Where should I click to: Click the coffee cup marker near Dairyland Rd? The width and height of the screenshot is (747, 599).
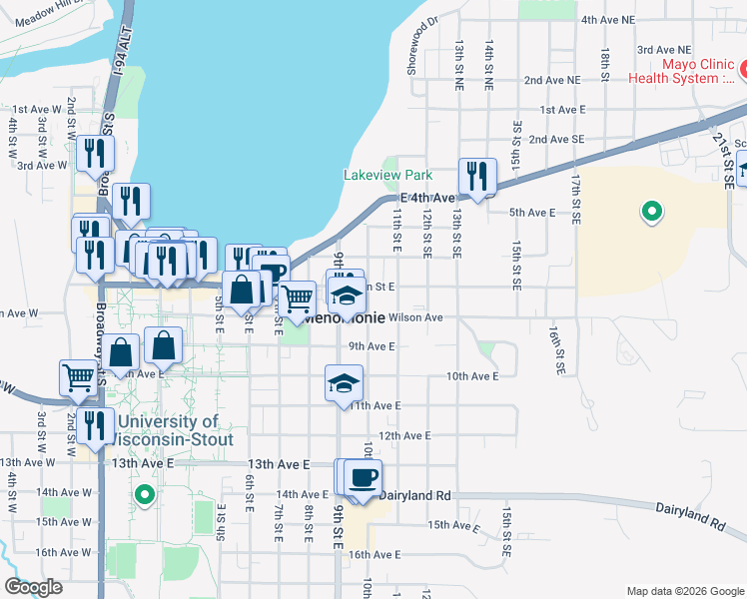(363, 477)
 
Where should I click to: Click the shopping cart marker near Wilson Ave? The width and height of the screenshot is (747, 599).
(297, 299)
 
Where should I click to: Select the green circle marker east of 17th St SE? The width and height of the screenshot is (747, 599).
(651, 212)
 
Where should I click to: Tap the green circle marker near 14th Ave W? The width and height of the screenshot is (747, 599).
(145, 494)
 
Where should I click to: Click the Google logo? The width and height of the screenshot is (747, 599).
(34, 587)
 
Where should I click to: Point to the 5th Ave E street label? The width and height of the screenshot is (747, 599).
(531, 213)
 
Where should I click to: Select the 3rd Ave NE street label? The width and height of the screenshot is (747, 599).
(663, 49)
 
